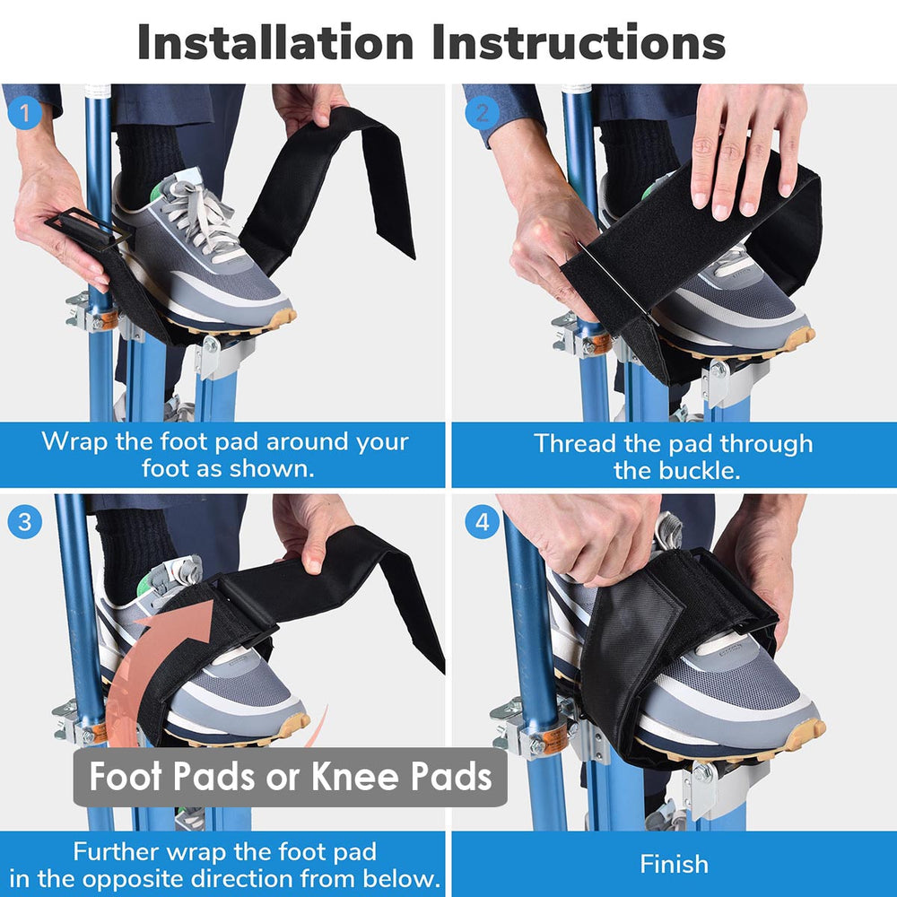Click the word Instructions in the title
(x=579, y=42)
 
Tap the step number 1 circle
(x=24, y=114)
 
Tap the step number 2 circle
(x=483, y=113)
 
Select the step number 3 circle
(x=24, y=523)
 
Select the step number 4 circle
(x=483, y=523)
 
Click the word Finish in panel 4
(x=674, y=864)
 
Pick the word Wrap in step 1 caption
(x=71, y=441)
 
